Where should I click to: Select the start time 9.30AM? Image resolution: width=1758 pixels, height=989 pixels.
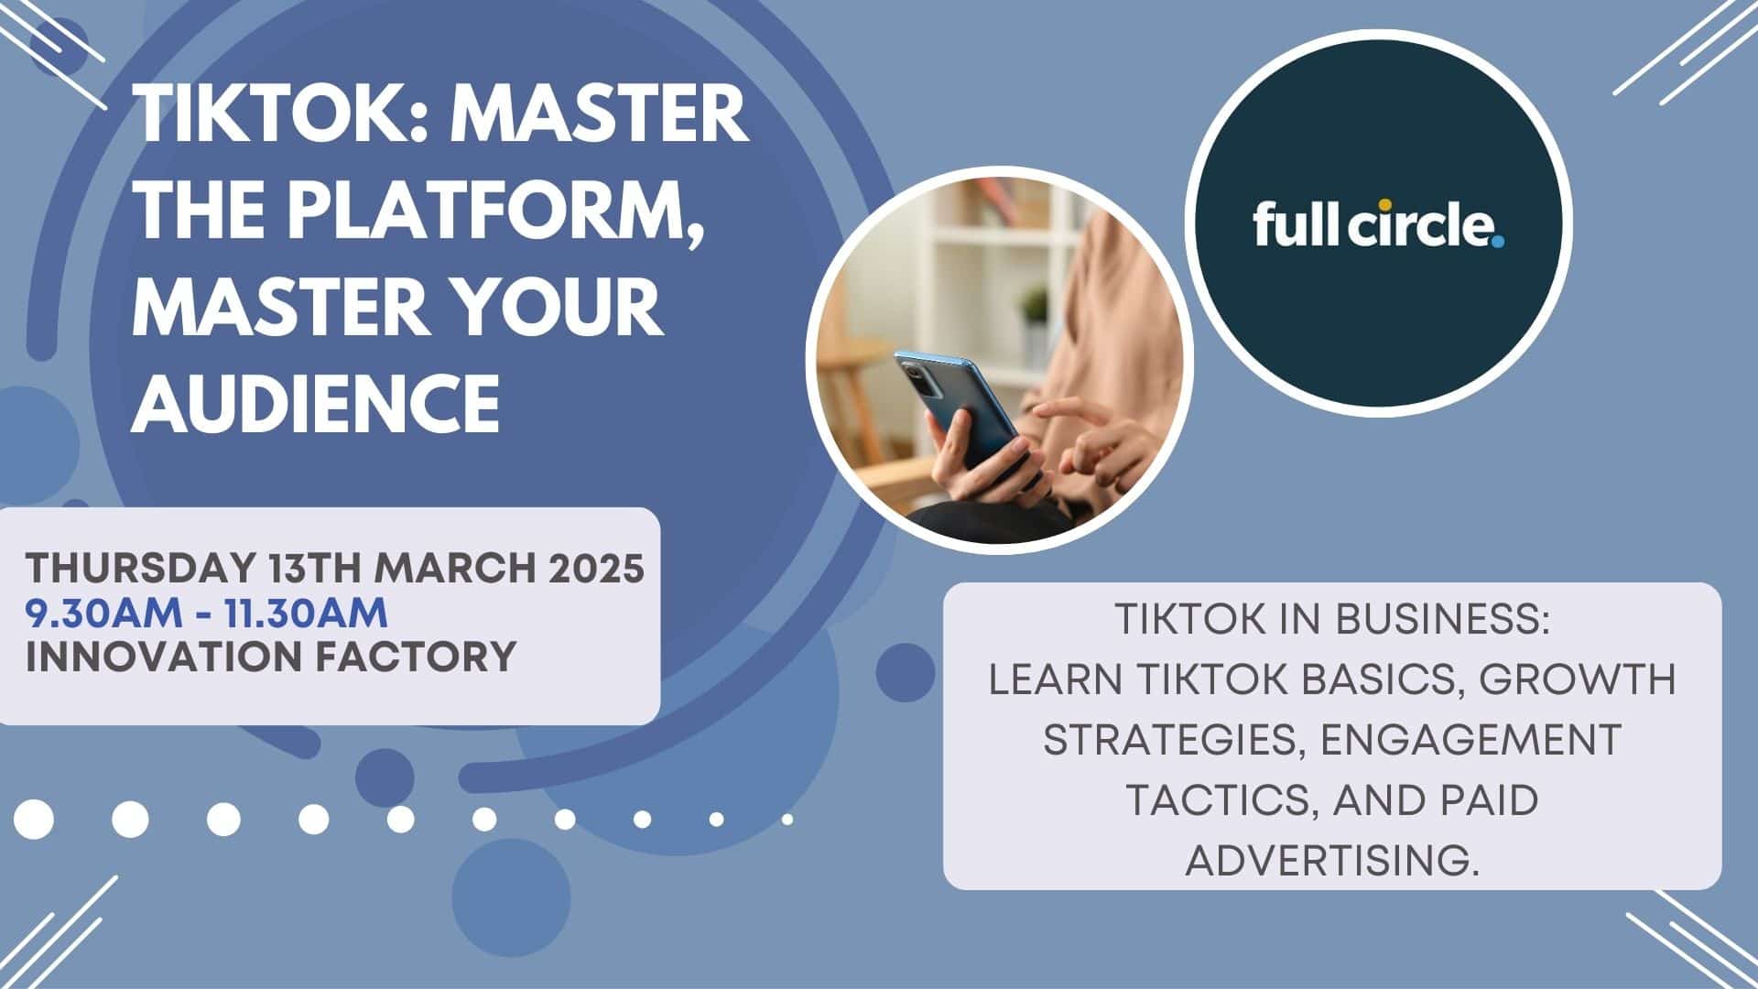[x=104, y=614]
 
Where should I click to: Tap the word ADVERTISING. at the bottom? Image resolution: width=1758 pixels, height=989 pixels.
[x=1332, y=861]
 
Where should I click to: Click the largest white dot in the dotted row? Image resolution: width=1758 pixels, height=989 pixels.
[x=34, y=819]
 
